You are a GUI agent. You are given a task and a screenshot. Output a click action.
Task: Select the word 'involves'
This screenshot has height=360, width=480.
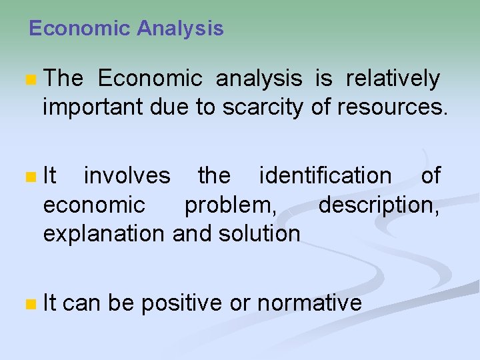click(x=127, y=176)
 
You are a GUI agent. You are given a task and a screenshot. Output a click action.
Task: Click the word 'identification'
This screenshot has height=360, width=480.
click(x=325, y=176)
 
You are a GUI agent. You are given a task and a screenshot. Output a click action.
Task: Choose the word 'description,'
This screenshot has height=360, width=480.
click(x=379, y=205)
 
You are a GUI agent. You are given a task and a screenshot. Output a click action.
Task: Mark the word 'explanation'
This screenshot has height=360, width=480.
click(x=105, y=234)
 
